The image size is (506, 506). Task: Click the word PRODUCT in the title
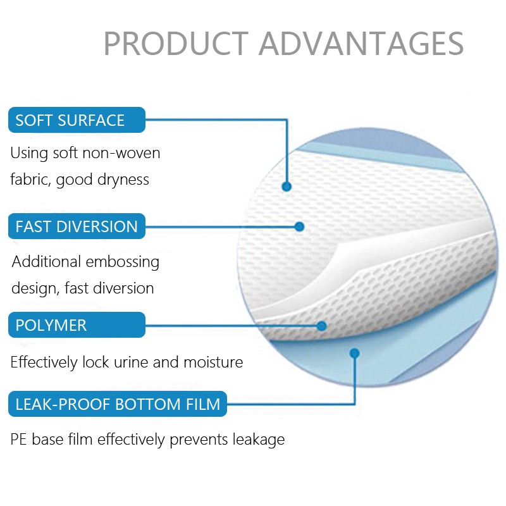click(175, 43)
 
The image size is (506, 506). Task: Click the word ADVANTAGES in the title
click(361, 43)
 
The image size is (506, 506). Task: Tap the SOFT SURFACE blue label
click(77, 120)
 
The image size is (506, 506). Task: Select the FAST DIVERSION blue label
click(77, 226)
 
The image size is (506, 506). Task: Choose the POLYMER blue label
click(77, 325)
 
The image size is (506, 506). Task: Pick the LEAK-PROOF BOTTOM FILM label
click(118, 404)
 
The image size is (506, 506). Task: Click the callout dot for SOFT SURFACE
click(287, 187)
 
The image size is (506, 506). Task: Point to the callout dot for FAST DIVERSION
click(299, 226)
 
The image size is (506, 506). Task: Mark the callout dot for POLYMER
click(321, 326)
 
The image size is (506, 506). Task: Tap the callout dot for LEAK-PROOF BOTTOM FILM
click(354, 353)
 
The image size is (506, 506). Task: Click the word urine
click(131, 362)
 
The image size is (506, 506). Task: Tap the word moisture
click(213, 362)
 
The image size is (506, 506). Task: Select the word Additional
click(46, 262)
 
